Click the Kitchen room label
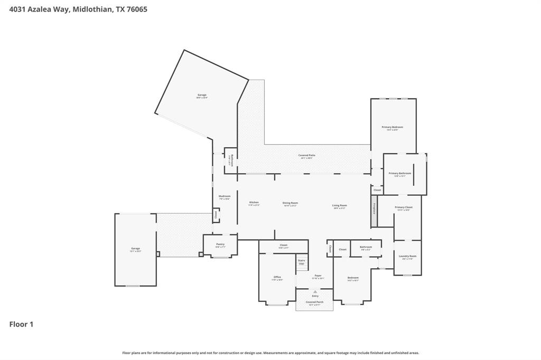(254, 202)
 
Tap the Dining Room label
(290, 203)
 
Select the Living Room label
(339, 205)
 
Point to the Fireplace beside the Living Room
(374, 208)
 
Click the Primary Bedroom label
(393, 127)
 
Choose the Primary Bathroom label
(399, 173)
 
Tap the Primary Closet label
(404, 207)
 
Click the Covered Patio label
(307, 155)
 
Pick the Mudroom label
(225, 196)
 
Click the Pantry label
(220, 244)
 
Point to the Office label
(277, 277)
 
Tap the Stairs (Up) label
(301, 261)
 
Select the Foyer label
(318, 276)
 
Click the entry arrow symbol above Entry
(315, 291)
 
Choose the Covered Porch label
(315, 302)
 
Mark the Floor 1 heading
(21, 324)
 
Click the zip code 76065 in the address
(136, 9)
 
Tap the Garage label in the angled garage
(202, 95)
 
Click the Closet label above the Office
(284, 245)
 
